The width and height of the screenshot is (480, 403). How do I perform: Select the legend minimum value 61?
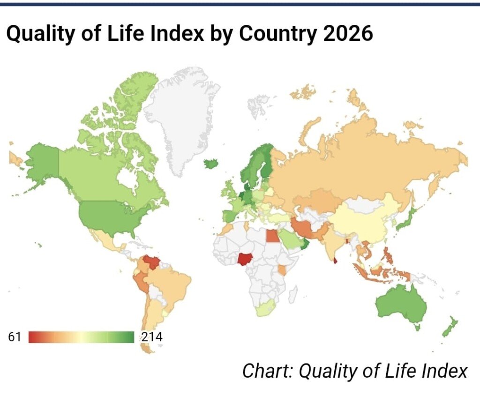[15, 336]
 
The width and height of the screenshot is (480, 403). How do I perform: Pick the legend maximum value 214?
[150, 336]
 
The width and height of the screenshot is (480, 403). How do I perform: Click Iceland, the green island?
[211, 164]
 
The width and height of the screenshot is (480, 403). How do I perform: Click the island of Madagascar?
[292, 294]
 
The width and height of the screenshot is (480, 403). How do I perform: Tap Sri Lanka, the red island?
[336, 259]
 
